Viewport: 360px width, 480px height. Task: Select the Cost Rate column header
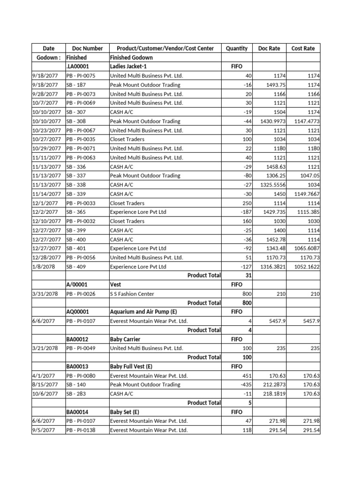pyautogui.click(x=303, y=48)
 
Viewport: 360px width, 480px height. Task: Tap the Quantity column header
pyautogui.click(x=236, y=48)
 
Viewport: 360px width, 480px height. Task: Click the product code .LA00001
pyautogui.click(x=78, y=67)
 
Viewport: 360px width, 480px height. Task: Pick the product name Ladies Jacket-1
pyautogui.click(x=128, y=67)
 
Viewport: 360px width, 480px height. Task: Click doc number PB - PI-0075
pyautogui.click(x=81, y=76)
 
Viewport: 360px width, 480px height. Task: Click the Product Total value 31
pyautogui.click(x=248, y=276)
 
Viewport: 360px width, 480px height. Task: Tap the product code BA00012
pyautogui.click(x=77, y=339)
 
